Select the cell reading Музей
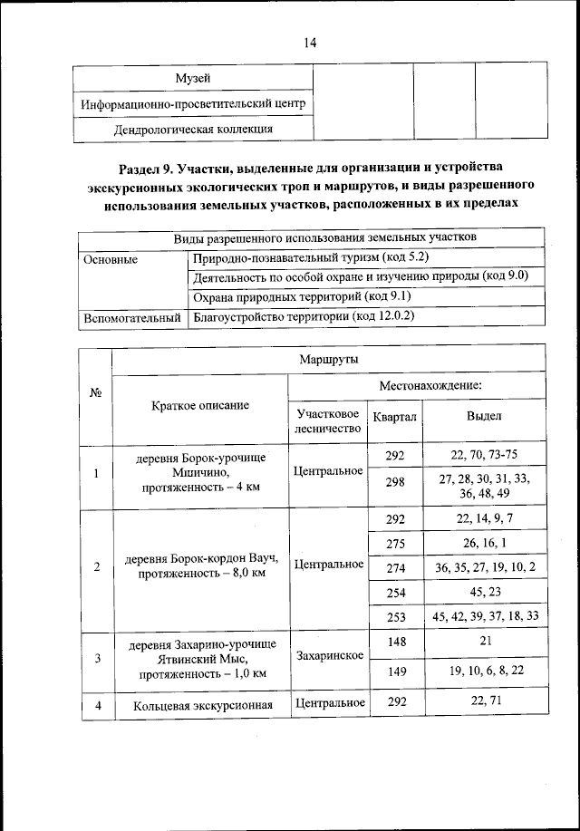[x=193, y=79]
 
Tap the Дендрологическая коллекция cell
[x=193, y=129]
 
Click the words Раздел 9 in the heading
[x=150, y=169]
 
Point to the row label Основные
[x=111, y=259]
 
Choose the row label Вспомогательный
[x=132, y=317]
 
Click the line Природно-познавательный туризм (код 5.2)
[x=305, y=259]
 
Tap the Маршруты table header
[x=327, y=359]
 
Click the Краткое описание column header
[x=199, y=406]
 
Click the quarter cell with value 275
[x=394, y=543]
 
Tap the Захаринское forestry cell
[x=328, y=654]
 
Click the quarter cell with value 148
[x=394, y=641]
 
